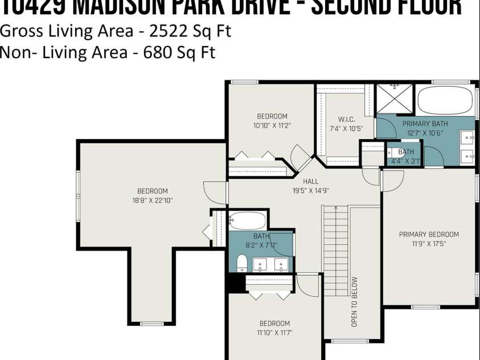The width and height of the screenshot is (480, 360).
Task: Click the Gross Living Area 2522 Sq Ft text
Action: (x=116, y=31)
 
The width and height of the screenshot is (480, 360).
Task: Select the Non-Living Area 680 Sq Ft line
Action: (x=108, y=52)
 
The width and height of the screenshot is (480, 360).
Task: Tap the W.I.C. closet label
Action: (x=346, y=120)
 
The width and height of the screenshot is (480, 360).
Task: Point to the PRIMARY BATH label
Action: (x=425, y=124)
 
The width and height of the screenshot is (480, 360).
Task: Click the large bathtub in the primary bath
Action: (x=445, y=100)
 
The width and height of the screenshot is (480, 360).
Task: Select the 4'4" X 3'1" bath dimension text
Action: (x=405, y=161)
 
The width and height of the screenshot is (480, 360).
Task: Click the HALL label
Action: (x=311, y=182)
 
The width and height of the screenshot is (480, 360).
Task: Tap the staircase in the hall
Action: (x=335, y=251)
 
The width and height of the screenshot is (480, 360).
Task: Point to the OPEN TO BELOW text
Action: (x=355, y=301)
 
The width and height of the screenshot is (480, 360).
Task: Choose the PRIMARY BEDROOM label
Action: (x=429, y=234)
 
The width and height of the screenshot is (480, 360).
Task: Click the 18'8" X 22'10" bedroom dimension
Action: (x=152, y=200)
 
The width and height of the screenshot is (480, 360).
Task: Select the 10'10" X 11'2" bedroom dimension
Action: (x=272, y=125)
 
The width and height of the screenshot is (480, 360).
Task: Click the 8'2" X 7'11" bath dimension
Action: (x=261, y=245)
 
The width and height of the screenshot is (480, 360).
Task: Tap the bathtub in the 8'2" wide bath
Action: (x=248, y=220)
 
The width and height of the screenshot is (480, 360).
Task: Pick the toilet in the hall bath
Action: (x=241, y=263)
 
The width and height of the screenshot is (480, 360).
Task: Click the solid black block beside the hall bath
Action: (x=233, y=283)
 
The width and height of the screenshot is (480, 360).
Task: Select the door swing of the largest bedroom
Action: (x=215, y=193)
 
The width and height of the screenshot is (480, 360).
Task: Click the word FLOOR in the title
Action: (x=427, y=7)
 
